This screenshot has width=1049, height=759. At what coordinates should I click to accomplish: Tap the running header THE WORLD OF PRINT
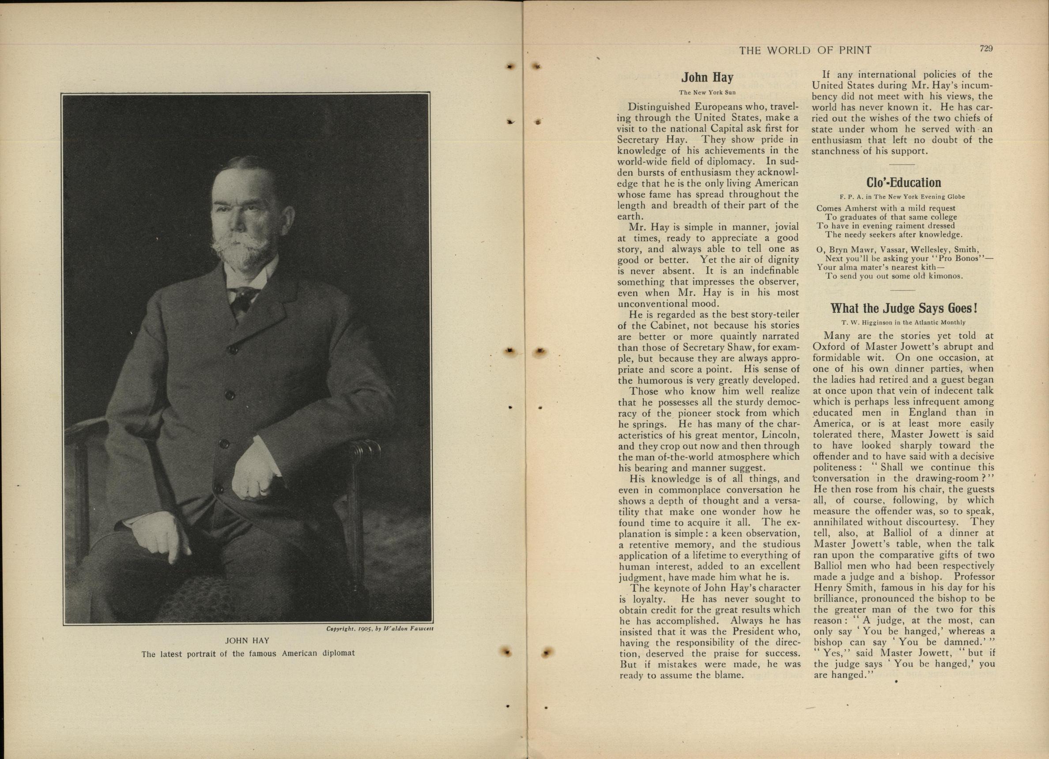tap(805, 50)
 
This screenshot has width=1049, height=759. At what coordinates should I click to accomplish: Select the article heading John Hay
tap(707, 77)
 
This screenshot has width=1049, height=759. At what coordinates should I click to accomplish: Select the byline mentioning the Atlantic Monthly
tap(902, 322)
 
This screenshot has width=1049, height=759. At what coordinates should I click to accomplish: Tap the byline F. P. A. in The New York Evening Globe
tap(902, 196)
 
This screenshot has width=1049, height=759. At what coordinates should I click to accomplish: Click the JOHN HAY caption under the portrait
tap(247, 641)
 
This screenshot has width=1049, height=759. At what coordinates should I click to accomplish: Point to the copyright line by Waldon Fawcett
tap(379, 629)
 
